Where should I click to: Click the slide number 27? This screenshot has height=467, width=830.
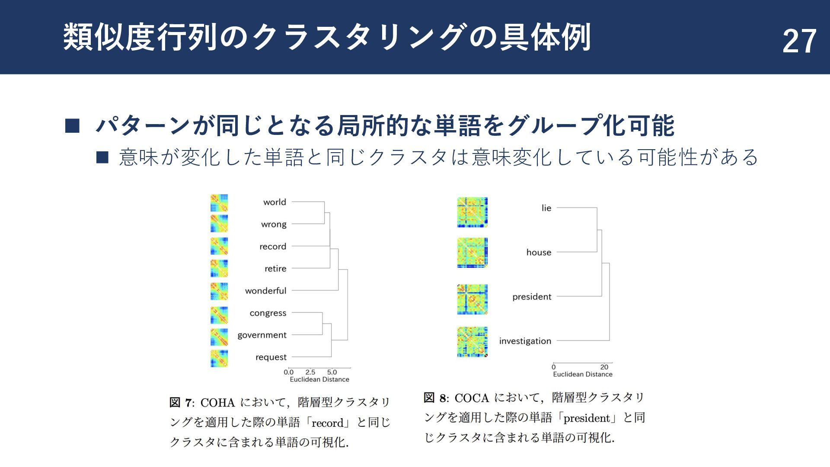tap(799, 42)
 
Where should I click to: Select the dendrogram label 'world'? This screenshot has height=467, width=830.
tap(275, 202)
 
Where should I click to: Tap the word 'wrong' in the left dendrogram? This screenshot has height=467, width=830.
tap(274, 224)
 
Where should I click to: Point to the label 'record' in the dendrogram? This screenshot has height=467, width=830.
tap(272, 246)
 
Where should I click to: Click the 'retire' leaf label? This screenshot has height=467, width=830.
tap(275, 269)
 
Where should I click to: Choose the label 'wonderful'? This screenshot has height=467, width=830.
tap(265, 291)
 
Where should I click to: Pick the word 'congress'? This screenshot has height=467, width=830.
tap(268, 313)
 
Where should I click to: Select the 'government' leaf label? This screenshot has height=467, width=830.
tap(262, 335)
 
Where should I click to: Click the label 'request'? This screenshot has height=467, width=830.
tap(271, 357)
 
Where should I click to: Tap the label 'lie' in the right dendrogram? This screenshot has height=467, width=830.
tap(546, 208)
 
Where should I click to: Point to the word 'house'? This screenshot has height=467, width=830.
tap(539, 253)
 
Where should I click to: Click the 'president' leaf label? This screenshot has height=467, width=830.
tap(532, 297)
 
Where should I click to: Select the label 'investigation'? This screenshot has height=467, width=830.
tap(525, 341)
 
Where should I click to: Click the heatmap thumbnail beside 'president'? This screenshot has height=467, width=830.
tap(472, 299)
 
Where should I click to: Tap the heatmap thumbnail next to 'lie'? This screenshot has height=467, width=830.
tap(472, 212)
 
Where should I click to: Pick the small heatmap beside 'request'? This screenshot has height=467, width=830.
tap(219, 358)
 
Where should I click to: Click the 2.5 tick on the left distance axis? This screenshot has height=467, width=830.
tap(310, 372)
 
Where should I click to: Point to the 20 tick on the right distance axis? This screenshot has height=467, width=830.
tap(604, 367)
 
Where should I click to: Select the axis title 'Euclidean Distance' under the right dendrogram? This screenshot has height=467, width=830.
tap(582, 374)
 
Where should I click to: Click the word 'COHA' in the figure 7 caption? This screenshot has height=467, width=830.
tap(217, 403)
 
